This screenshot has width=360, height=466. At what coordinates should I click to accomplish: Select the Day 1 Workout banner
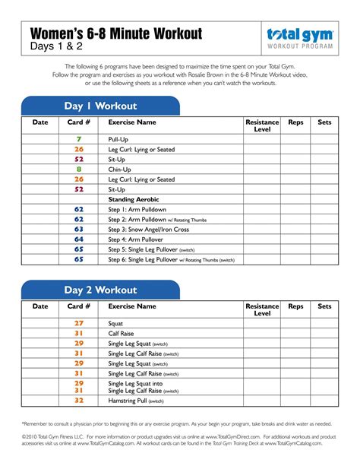(x=100, y=106)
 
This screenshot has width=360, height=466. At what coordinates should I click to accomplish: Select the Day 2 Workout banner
(x=100, y=290)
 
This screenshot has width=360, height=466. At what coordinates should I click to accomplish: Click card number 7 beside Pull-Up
(x=79, y=140)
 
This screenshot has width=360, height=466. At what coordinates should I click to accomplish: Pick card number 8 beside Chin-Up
(x=79, y=170)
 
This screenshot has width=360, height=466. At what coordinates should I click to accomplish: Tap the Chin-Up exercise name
(x=120, y=170)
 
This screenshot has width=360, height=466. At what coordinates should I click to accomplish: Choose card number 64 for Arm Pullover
(x=79, y=239)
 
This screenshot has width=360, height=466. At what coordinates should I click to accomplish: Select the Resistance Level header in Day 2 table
(x=262, y=309)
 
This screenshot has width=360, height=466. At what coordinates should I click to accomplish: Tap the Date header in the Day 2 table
(x=39, y=306)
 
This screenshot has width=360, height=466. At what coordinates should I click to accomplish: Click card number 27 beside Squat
(x=79, y=323)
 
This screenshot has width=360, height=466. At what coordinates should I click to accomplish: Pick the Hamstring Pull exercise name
(x=128, y=401)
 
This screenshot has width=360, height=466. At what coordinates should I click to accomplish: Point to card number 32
(x=79, y=401)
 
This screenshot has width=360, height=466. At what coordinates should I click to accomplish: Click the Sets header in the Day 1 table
(x=324, y=122)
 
